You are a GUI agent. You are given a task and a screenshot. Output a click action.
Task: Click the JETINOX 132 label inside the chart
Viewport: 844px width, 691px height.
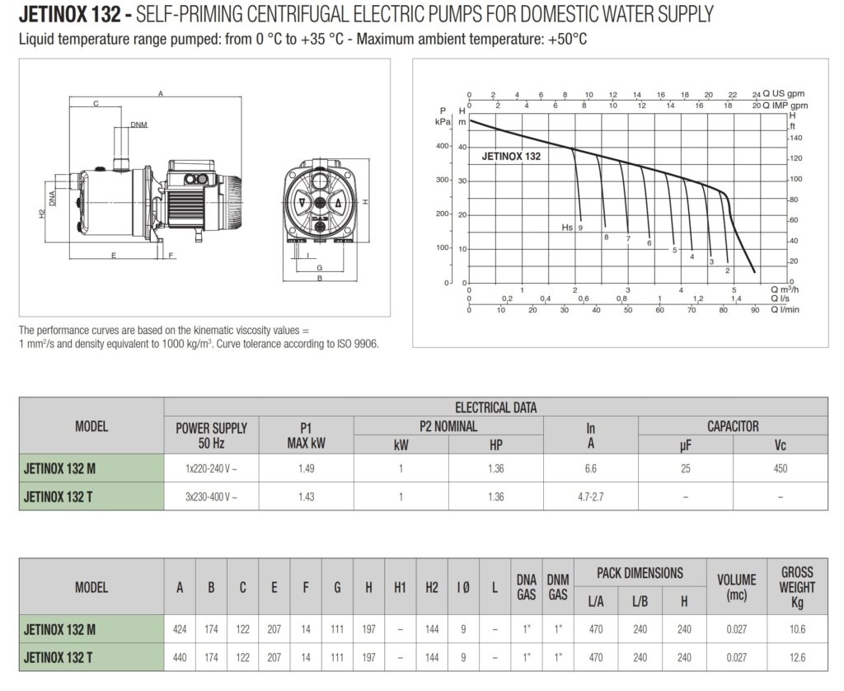coord(511,157)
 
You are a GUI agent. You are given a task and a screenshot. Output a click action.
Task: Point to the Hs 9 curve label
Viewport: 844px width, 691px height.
coord(572,228)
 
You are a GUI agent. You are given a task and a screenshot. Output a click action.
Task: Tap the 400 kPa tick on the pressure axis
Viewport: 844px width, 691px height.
coord(443,146)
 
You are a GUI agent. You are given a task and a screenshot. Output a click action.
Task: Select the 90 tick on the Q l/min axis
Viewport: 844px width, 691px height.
coord(755,310)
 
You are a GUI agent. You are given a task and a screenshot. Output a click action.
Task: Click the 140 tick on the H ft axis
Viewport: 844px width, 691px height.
coord(795,138)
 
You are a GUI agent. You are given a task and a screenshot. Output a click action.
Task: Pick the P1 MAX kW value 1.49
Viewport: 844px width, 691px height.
coord(307,468)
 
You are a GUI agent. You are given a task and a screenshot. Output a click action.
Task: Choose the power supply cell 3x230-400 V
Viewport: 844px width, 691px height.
coord(212,497)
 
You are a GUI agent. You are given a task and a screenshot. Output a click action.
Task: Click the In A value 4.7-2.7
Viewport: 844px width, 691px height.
coord(590,497)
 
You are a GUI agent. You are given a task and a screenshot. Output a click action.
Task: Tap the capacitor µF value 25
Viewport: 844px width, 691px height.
coord(685,468)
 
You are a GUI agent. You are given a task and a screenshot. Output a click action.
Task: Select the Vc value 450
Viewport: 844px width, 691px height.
coord(781,468)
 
